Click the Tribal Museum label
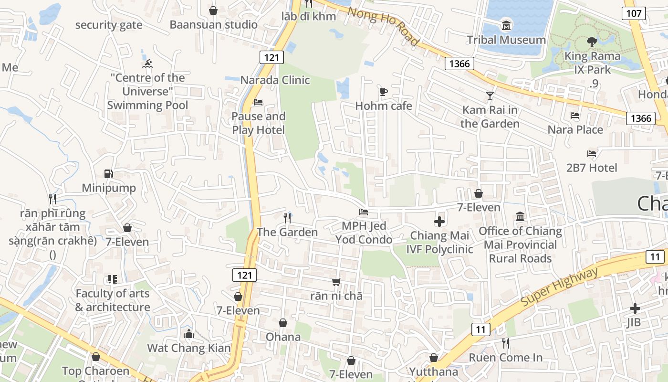click(x=506, y=40)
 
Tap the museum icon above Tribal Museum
click(x=506, y=25)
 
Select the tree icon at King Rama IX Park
click(x=592, y=42)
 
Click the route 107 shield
click(x=634, y=13)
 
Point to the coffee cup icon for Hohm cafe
click(x=383, y=92)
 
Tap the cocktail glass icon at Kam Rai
click(x=490, y=96)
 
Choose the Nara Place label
click(x=575, y=129)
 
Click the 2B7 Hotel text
click(x=592, y=168)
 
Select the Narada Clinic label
click(x=275, y=80)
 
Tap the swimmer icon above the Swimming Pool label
click(x=147, y=64)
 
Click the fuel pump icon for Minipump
click(x=109, y=174)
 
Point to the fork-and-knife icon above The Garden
click(x=287, y=218)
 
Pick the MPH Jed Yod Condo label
click(x=364, y=233)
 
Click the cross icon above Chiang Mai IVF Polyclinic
click(x=439, y=222)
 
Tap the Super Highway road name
click(x=559, y=287)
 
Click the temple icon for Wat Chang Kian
click(x=189, y=334)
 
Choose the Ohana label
click(x=283, y=337)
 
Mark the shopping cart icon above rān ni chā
click(x=336, y=282)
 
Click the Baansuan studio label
click(x=213, y=24)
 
